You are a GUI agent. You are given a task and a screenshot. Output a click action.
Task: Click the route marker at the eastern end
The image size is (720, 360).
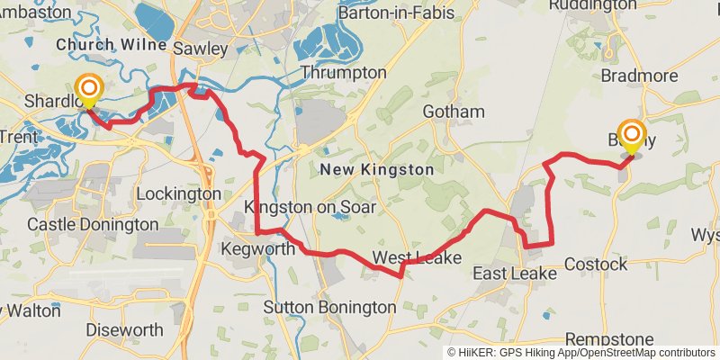pos(632,138)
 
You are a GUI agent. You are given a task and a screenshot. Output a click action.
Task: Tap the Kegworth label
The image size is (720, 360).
pos(257,248)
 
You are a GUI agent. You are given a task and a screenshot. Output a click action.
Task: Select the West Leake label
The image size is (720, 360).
pos(418,258)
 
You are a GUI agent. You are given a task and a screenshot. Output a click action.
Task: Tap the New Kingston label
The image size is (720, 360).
pos(377,169)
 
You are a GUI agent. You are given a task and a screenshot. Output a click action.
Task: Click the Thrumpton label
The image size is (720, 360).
pos(344,72)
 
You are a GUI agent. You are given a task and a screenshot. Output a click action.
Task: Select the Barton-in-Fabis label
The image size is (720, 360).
pos(395,13)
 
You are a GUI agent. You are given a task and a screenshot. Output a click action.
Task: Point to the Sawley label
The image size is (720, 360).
pos(199,49)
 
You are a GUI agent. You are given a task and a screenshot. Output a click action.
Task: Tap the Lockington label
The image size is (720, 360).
pos(178,193)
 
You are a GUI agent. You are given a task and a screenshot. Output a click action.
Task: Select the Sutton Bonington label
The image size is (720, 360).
pos(329,308)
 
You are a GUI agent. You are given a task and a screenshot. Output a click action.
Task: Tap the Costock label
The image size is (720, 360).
pos(596,264)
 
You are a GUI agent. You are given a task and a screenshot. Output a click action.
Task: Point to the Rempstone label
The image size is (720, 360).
pos(611,338)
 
